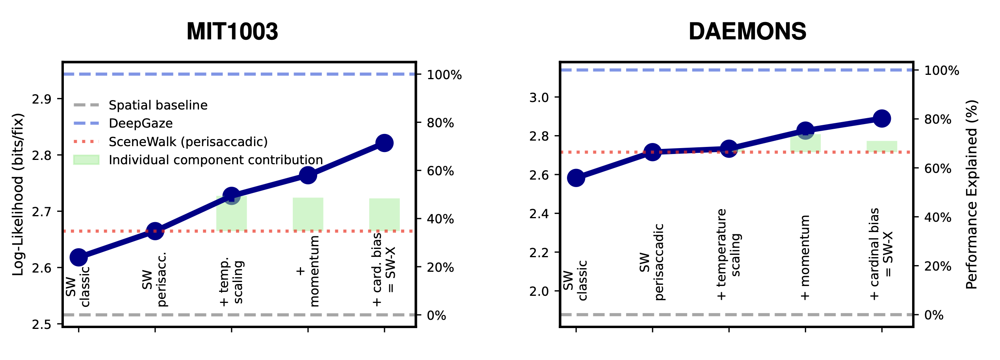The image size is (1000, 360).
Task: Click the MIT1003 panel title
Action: click(x=232, y=32)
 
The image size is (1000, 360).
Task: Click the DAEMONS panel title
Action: click(x=747, y=32)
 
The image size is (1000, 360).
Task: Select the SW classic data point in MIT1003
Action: click(x=78, y=257)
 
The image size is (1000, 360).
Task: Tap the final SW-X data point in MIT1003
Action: click(x=384, y=143)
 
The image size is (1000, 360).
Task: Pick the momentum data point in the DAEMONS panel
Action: click(x=805, y=130)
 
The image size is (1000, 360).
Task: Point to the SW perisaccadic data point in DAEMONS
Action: click(x=652, y=152)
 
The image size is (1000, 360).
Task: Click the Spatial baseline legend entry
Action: click(x=158, y=105)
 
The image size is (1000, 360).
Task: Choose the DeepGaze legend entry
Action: click(x=141, y=123)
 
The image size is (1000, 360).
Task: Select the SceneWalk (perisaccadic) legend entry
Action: click(x=188, y=142)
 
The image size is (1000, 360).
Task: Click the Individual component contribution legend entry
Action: click(x=216, y=160)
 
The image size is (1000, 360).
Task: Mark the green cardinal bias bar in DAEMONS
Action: click(x=882, y=146)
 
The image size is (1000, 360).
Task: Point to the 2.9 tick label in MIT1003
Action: click(x=41, y=99)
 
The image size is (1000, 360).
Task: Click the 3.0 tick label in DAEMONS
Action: click(x=539, y=97)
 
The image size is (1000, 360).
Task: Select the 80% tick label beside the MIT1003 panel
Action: click(x=440, y=123)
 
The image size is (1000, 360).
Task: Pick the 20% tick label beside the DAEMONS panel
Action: click(x=937, y=267)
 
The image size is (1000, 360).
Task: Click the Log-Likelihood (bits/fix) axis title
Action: click(x=18, y=195)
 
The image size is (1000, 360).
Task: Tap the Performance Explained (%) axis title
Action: click(x=972, y=195)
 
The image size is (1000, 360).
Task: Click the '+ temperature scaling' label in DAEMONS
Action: click(x=729, y=254)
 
